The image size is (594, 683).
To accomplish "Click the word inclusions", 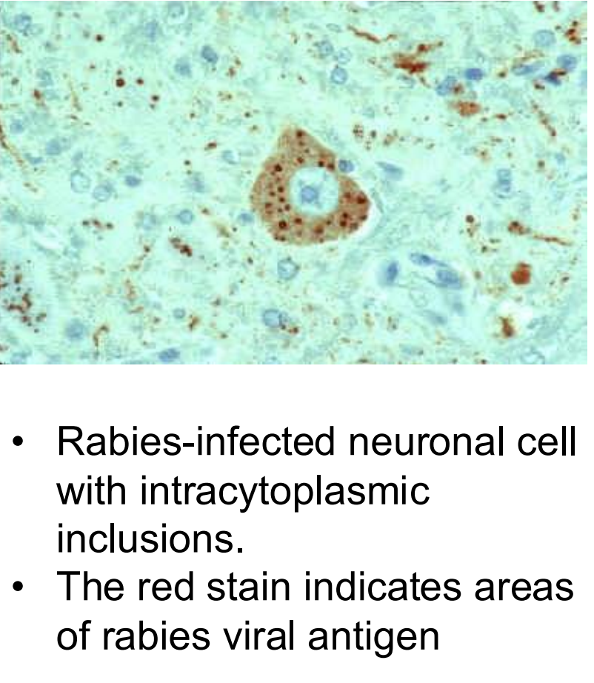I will click(150, 539).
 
